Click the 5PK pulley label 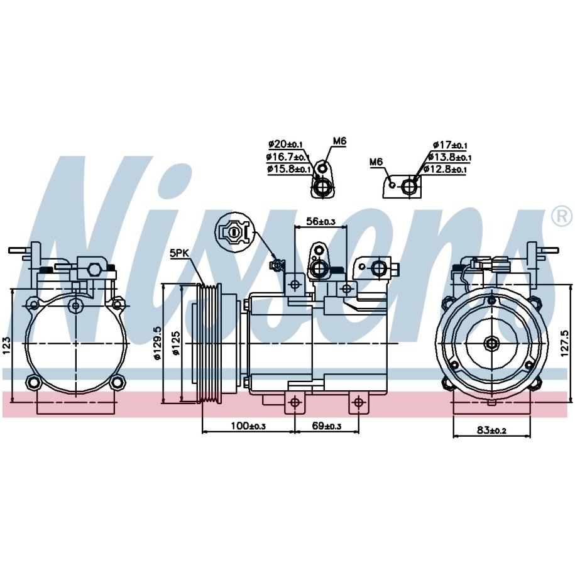tap(179, 253)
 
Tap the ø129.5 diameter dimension tap(158, 344)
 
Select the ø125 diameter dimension tap(177, 343)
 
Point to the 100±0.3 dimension tap(248, 425)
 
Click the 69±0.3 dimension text tap(326, 425)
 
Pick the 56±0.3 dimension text tap(320, 221)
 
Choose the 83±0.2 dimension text tap(491, 430)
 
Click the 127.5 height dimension tap(565, 343)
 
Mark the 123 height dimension tap(7, 346)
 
